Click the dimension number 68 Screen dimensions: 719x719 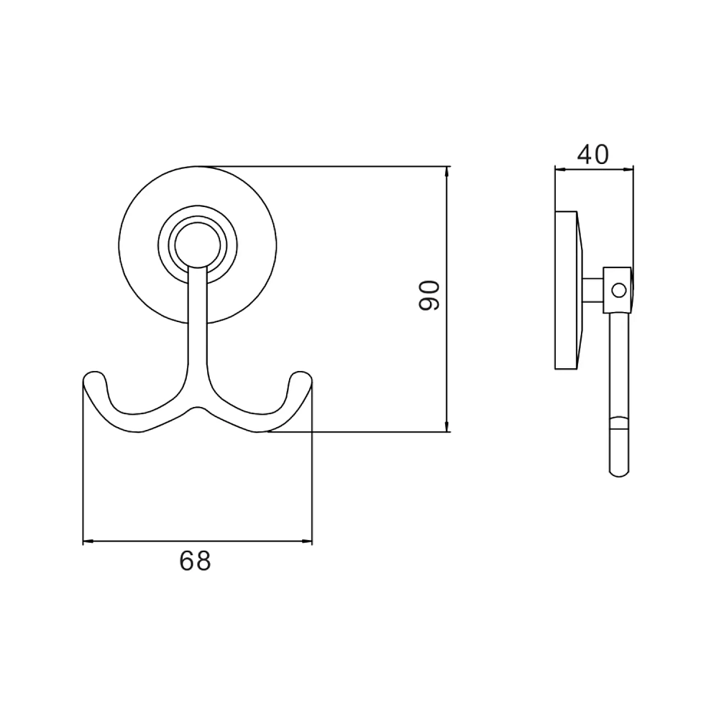195,560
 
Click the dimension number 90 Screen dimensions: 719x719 429,296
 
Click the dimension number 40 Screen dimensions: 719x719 593,155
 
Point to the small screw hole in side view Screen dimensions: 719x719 618,290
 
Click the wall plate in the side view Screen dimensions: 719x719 567,290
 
